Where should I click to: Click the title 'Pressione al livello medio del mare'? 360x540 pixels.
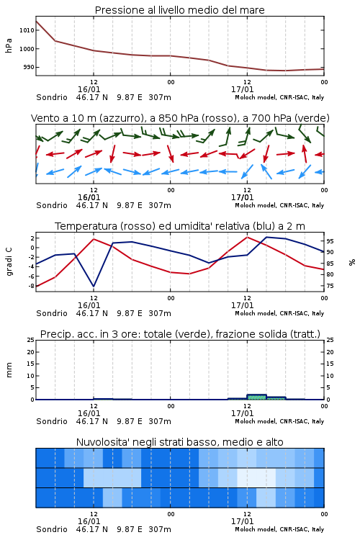point(179,10)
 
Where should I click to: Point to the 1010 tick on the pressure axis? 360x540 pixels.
point(27,30)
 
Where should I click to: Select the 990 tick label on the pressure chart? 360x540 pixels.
point(29,67)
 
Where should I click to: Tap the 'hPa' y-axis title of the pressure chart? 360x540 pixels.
point(9,45)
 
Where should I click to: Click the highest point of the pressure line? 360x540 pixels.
point(36,21)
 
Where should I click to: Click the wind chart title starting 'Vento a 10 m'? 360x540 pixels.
point(180,118)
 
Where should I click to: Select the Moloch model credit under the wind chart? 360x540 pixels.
point(279,205)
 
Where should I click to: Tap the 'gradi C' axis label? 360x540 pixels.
point(9,261)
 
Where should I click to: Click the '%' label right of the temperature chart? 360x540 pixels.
point(352,262)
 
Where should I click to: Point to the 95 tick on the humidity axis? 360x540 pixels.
point(330,241)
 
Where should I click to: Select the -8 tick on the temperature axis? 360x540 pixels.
point(31,286)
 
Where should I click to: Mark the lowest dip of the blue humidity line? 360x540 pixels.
point(94,286)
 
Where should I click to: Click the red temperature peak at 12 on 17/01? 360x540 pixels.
point(247,237)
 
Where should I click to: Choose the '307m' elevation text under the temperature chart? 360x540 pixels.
point(160,313)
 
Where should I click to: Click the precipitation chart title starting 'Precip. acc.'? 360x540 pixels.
point(180,334)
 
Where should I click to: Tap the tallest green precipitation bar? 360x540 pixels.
point(256,397)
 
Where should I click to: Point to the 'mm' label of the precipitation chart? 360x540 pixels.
point(9,370)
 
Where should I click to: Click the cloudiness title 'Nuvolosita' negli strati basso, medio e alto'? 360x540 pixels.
point(180,442)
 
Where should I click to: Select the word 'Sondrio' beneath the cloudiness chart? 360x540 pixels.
point(52,529)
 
